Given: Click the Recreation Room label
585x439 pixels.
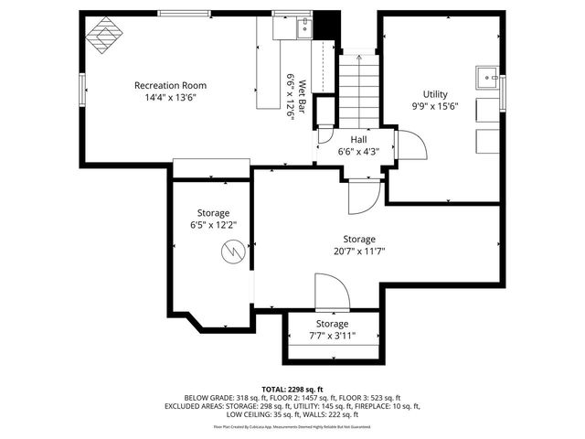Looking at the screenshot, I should [x=168, y=84].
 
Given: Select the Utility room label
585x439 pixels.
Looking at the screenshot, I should [x=435, y=94].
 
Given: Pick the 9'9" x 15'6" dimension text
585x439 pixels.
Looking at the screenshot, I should [x=435, y=106].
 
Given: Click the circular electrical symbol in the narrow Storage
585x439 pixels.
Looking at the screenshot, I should [x=235, y=249].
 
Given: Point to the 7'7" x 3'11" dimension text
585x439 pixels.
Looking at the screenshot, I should [x=333, y=336].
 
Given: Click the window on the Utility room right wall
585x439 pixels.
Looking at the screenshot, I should [x=503, y=92].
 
